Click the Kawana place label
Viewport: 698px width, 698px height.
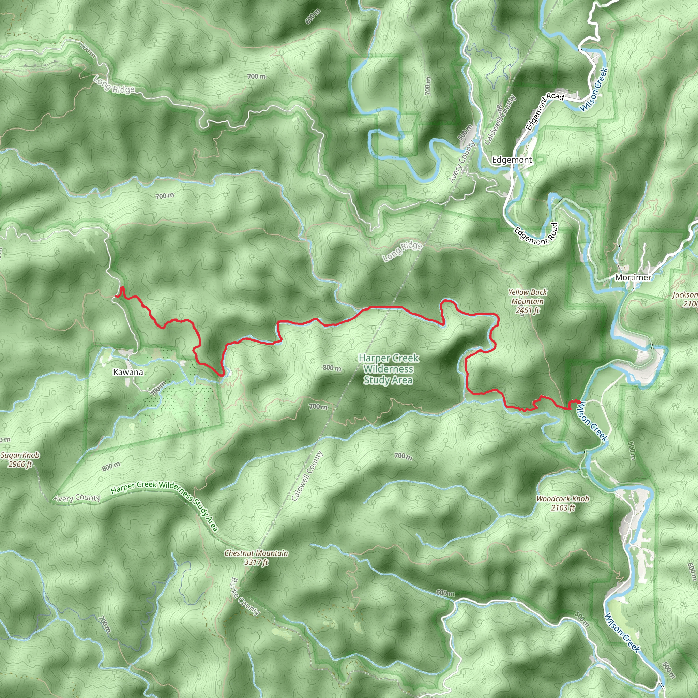point(128,372)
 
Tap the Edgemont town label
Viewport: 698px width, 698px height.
point(512,160)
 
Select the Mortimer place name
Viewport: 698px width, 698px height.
point(633,277)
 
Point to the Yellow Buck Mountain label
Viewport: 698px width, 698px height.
point(528,301)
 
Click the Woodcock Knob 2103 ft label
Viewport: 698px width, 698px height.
point(562,503)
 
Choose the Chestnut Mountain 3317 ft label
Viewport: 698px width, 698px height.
point(256,558)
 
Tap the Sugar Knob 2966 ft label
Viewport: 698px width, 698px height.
point(20,459)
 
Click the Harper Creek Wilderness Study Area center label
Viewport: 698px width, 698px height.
point(389,369)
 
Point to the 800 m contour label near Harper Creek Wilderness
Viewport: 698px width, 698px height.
point(332,368)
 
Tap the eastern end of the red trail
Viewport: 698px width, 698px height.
point(578,402)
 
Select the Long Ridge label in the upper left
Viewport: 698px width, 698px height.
point(114,85)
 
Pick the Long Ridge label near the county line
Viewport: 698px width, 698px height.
point(402,251)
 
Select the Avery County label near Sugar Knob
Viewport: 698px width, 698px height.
point(77,498)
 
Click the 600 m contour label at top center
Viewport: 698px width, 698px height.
point(313,16)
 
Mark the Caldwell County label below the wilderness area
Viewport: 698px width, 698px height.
point(307,476)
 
